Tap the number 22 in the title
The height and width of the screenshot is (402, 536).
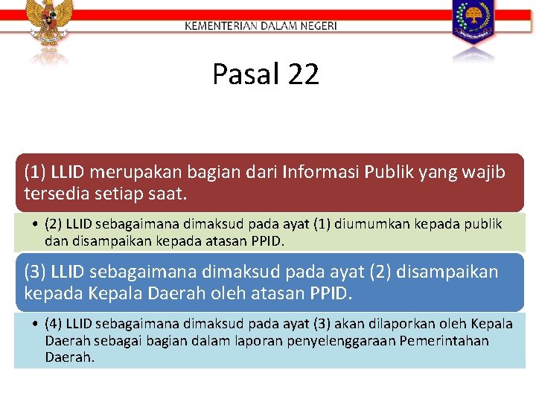(301, 74)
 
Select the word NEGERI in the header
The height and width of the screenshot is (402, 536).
(319, 25)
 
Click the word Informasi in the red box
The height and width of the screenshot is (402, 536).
(322, 173)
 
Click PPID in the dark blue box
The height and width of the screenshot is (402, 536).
(327, 293)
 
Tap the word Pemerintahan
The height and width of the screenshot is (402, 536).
(444, 340)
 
